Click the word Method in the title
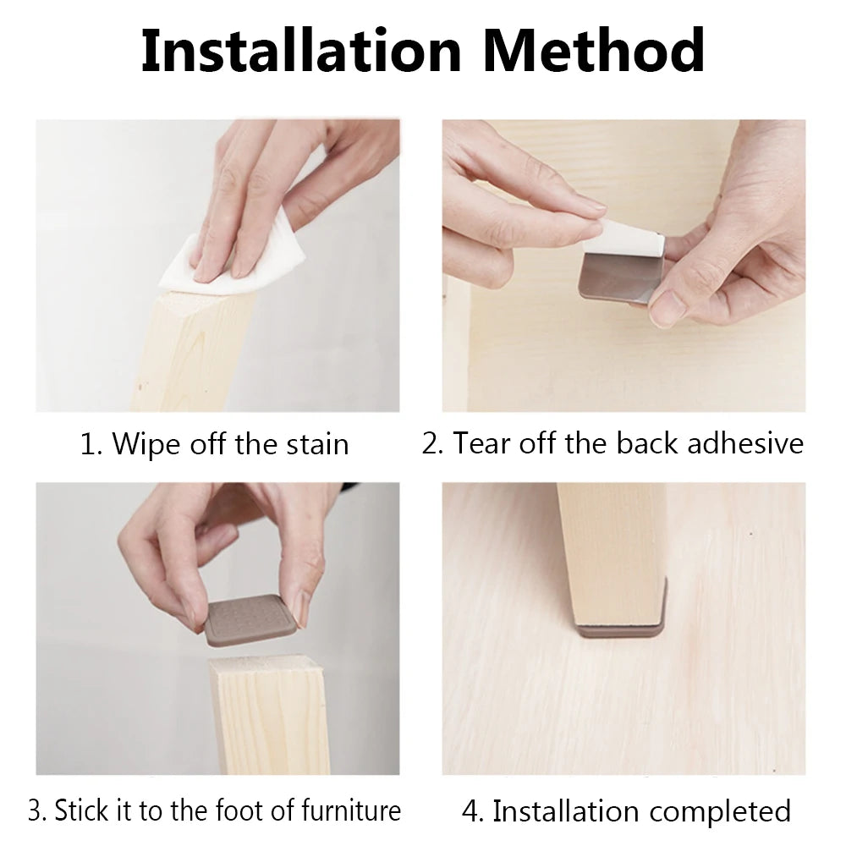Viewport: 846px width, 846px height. pos(594,50)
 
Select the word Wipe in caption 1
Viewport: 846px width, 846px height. pos(144,445)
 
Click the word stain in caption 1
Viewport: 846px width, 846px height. pos(317,445)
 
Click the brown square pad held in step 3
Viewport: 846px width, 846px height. pos(251,621)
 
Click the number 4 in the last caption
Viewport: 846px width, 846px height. pos(472,811)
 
